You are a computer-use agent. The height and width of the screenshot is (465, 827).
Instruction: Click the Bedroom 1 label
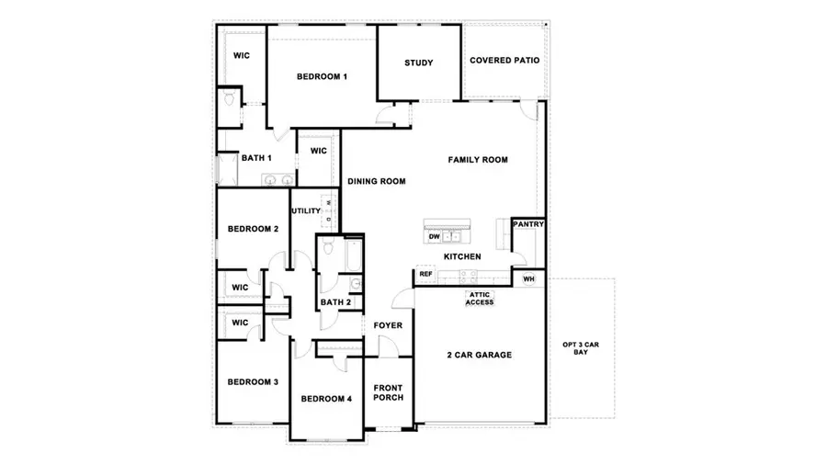click(322, 76)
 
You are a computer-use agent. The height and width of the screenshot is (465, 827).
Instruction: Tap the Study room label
click(419, 62)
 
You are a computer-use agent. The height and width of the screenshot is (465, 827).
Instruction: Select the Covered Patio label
click(504, 61)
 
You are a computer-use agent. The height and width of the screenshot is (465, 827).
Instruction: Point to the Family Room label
click(478, 160)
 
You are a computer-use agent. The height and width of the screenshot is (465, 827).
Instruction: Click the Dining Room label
click(377, 182)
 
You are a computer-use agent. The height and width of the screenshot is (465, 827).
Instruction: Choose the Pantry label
click(528, 224)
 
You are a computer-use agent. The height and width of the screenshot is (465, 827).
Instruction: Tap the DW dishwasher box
click(435, 237)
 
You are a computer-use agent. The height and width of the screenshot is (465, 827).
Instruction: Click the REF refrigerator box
click(425, 274)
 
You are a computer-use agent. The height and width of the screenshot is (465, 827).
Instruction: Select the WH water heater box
click(528, 278)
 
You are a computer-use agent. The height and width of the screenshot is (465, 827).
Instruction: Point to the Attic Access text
click(481, 299)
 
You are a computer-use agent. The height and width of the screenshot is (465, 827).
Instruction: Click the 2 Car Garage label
click(479, 355)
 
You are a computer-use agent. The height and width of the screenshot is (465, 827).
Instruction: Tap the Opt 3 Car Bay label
click(581, 348)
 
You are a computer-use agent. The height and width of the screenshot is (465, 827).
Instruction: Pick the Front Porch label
click(388, 392)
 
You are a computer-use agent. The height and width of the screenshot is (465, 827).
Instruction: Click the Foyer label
click(387, 325)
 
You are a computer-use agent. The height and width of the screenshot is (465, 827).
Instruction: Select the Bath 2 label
click(335, 302)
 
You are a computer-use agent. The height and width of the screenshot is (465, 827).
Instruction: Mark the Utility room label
click(306, 211)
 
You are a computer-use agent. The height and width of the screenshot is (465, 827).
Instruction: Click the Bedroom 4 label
click(326, 398)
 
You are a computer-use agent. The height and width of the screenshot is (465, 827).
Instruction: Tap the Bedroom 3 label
click(253, 381)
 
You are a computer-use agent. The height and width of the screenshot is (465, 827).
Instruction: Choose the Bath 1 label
click(256, 158)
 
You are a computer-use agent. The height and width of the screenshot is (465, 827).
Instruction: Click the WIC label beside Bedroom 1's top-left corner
click(241, 56)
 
